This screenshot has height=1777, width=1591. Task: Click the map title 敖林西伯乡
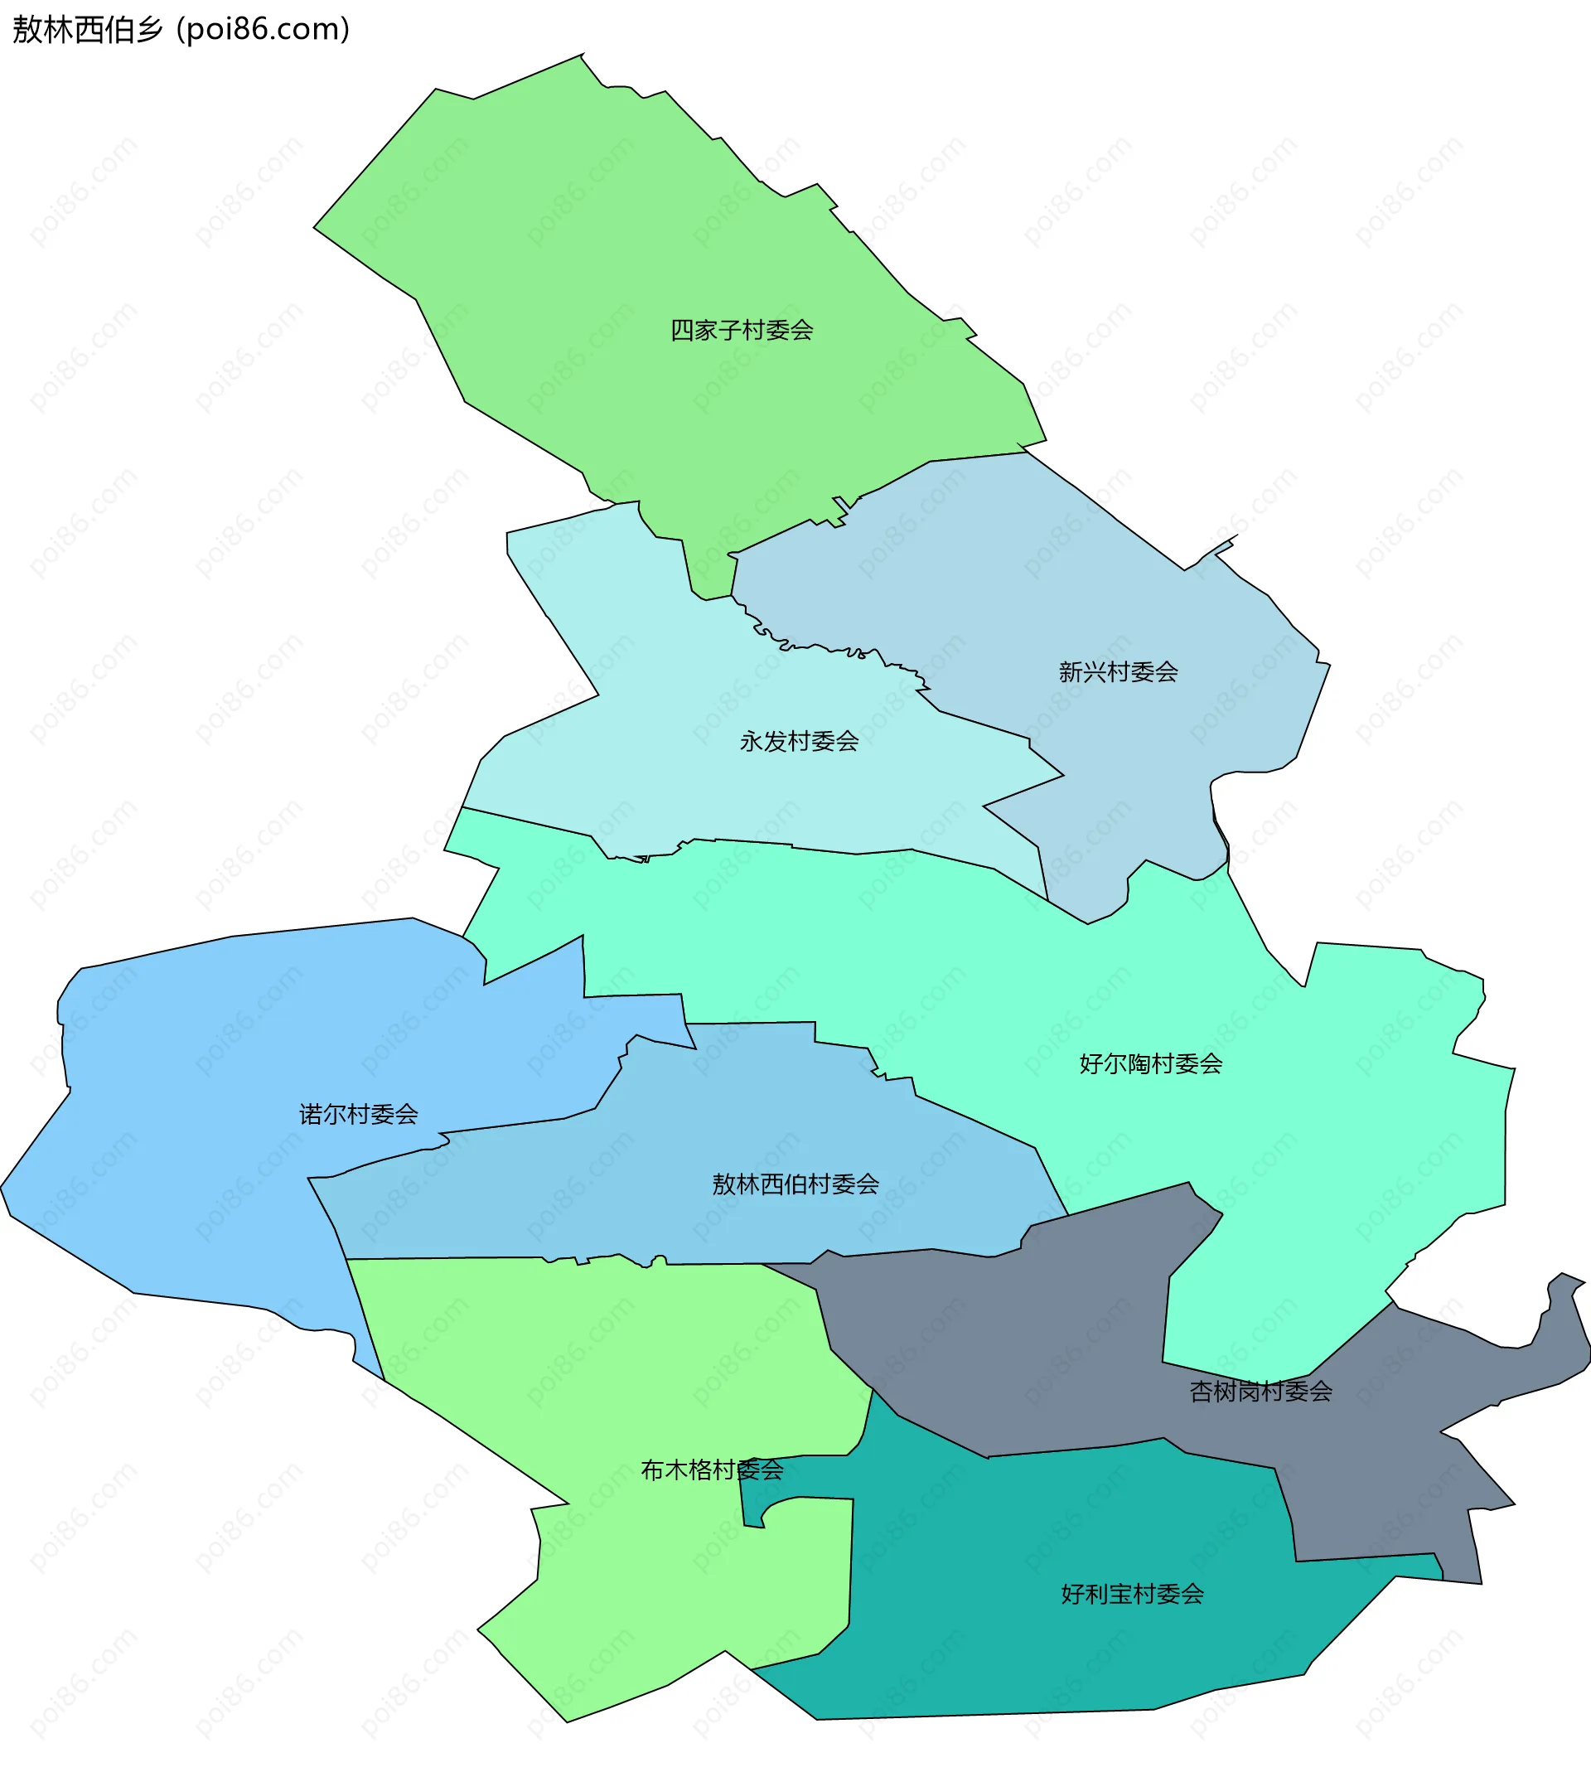[87, 30]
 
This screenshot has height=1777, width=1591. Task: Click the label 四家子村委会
[742, 331]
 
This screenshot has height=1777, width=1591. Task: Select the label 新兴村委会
[1118, 672]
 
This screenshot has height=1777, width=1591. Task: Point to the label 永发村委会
[799, 742]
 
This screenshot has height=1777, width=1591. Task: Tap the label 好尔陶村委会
[1150, 1064]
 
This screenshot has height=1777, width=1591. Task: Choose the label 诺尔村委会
[359, 1114]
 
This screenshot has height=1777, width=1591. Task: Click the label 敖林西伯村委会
[795, 1184]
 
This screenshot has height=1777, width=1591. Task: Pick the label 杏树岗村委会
[1260, 1392]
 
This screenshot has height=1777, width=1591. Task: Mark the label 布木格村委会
[712, 1470]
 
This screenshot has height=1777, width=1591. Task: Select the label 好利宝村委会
[1132, 1594]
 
